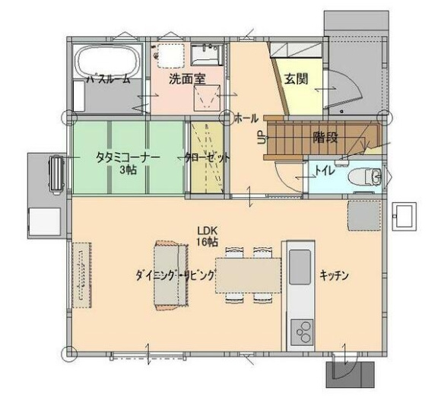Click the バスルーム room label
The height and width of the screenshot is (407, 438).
pos(107,78)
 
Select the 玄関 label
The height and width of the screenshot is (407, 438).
pos(296,78)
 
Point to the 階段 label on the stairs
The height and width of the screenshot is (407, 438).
pos(325,137)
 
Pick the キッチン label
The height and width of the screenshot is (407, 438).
pos(334,275)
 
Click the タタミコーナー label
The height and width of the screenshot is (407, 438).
pos(128,157)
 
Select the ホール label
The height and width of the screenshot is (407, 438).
pos(246,118)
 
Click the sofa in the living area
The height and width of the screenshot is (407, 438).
pos(169,275)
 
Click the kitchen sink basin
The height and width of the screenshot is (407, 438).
pos(300,267)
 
